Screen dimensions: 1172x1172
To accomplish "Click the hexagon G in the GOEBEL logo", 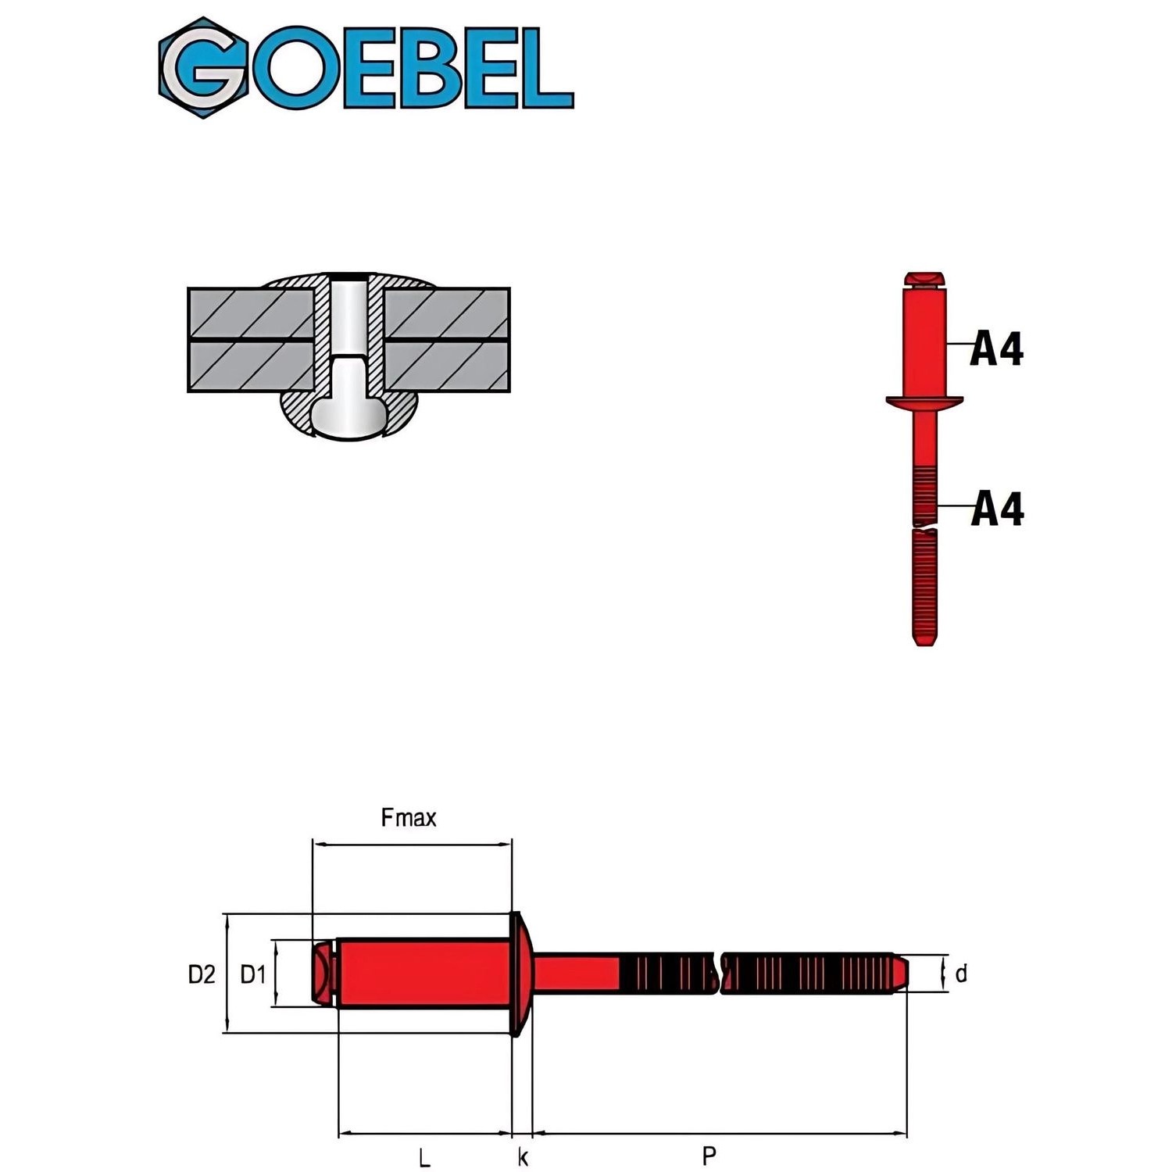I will tap(204, 68).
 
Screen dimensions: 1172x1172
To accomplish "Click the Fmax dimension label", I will tap(408, 818).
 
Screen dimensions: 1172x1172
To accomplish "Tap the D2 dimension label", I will tap(201, 974).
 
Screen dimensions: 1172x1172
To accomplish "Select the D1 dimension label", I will tap(253, 974).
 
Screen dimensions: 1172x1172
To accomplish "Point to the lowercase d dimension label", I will tap(961, 974).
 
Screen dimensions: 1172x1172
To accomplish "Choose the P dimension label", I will tap(709, 1155).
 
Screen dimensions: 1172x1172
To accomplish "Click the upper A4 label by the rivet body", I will tap(996, 348).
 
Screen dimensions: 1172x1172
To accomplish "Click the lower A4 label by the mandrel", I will tap(997, 509).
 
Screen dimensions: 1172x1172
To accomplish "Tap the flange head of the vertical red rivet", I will tap(924, 402).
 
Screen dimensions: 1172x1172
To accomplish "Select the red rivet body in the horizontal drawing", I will tap(422, 974).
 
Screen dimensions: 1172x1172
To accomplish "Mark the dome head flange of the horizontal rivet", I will tap(520, 974).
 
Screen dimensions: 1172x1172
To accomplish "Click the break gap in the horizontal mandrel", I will tap(719, 974).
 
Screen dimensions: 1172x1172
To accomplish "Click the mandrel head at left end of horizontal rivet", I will tap(323, 974).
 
